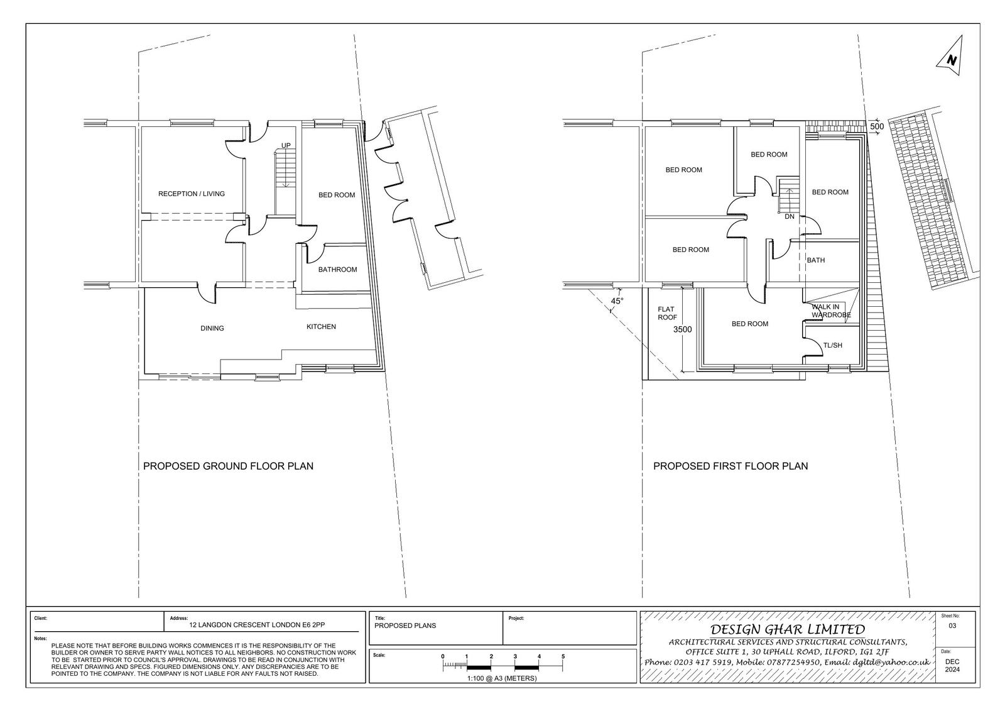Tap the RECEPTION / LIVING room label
click(192, 194)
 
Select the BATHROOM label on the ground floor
click(338, 270)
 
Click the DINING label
click(212, 328)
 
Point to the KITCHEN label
click(321, 326)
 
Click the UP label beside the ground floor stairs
click(286, 145)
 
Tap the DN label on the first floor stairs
click(790, 216)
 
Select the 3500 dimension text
click(682, 329)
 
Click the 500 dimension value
click(877, 126)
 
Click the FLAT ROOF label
click(667, 313)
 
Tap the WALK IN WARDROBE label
click(831, 311)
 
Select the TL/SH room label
click(833, 345)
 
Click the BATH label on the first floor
click(816, 260)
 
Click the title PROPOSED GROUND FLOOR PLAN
click(228, 466)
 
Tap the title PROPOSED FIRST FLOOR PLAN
click(731, 466)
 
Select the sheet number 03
click(952, 626)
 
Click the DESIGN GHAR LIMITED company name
click(788, 629)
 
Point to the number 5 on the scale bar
click(563, 656)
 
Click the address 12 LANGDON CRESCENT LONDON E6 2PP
click(257, 625)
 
